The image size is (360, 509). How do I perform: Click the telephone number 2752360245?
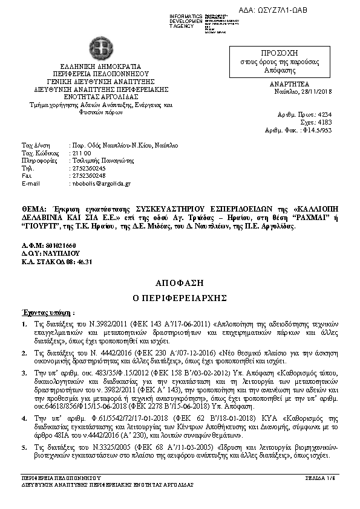[89, 168]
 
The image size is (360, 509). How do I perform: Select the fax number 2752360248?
[89, 175]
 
